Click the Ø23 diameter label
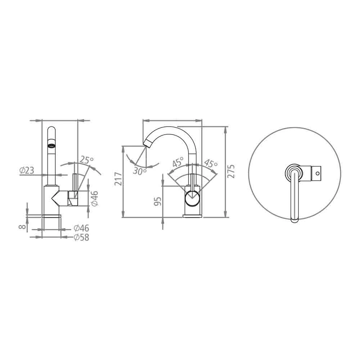pyautogui.click(x=27, y=170)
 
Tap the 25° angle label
pyautogui.click(x=86, y=159)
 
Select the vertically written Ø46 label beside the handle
pyautogui.click(x=95, y=198)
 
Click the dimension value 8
pyautogui.click(x=22, y=227)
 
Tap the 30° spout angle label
pyautogui.click(x=139, y=171)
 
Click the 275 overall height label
pyautogui.click(x=232, y=171)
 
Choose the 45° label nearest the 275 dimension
pyautogui.click(x=211, y=163)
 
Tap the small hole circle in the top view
pyautogui.click(x=317, y=174)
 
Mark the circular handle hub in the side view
pyautogui.click(x=193, y=198)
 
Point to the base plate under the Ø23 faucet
pyautogui.click(x=52, y=216)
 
